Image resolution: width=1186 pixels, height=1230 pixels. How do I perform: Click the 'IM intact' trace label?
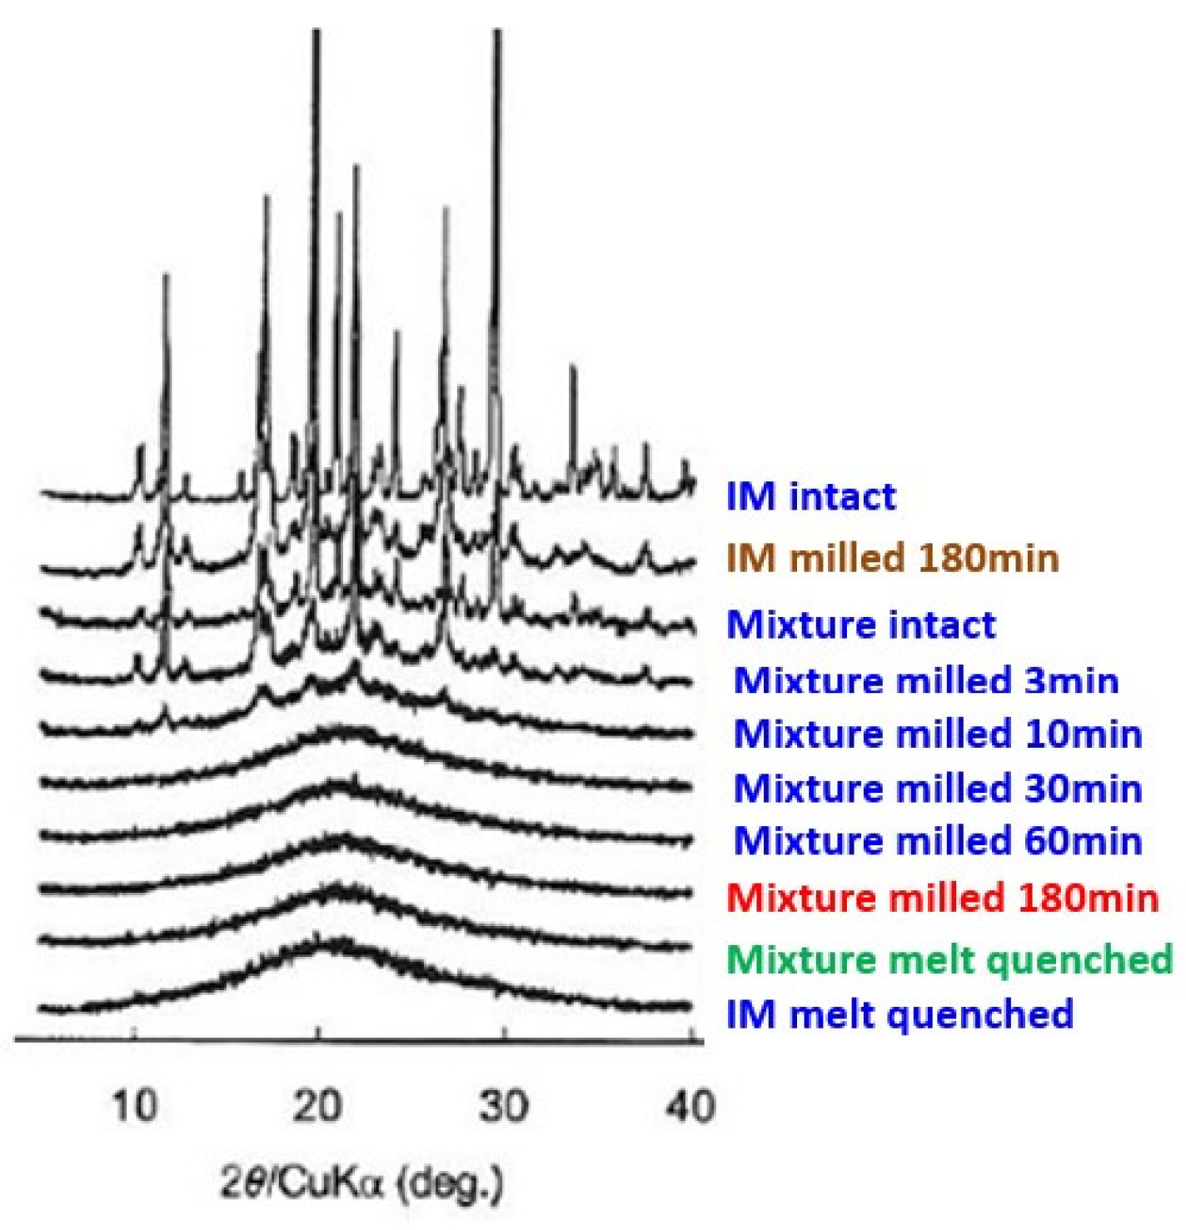[810, 497]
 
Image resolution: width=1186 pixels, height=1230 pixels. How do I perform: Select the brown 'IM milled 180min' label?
[892, 558]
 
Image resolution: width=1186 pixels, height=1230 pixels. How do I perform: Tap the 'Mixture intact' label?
[860, 625]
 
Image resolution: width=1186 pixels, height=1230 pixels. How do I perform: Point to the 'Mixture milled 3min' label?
[925, 680]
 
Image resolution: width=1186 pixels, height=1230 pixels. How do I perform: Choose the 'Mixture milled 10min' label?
[937, 735]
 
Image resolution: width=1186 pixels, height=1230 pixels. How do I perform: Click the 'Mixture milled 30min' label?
[937, 789]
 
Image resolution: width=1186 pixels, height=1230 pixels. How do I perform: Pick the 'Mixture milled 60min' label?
[937, 841]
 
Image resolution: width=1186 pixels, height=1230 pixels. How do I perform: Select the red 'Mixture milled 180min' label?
[942, 898]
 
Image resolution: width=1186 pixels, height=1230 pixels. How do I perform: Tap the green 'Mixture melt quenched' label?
[949, 959]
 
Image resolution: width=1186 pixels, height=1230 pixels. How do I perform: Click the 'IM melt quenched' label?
[899, 1014]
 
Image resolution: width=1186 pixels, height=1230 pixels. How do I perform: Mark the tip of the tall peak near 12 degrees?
[165, 276]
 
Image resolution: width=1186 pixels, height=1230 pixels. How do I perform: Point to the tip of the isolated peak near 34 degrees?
[572, 366]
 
